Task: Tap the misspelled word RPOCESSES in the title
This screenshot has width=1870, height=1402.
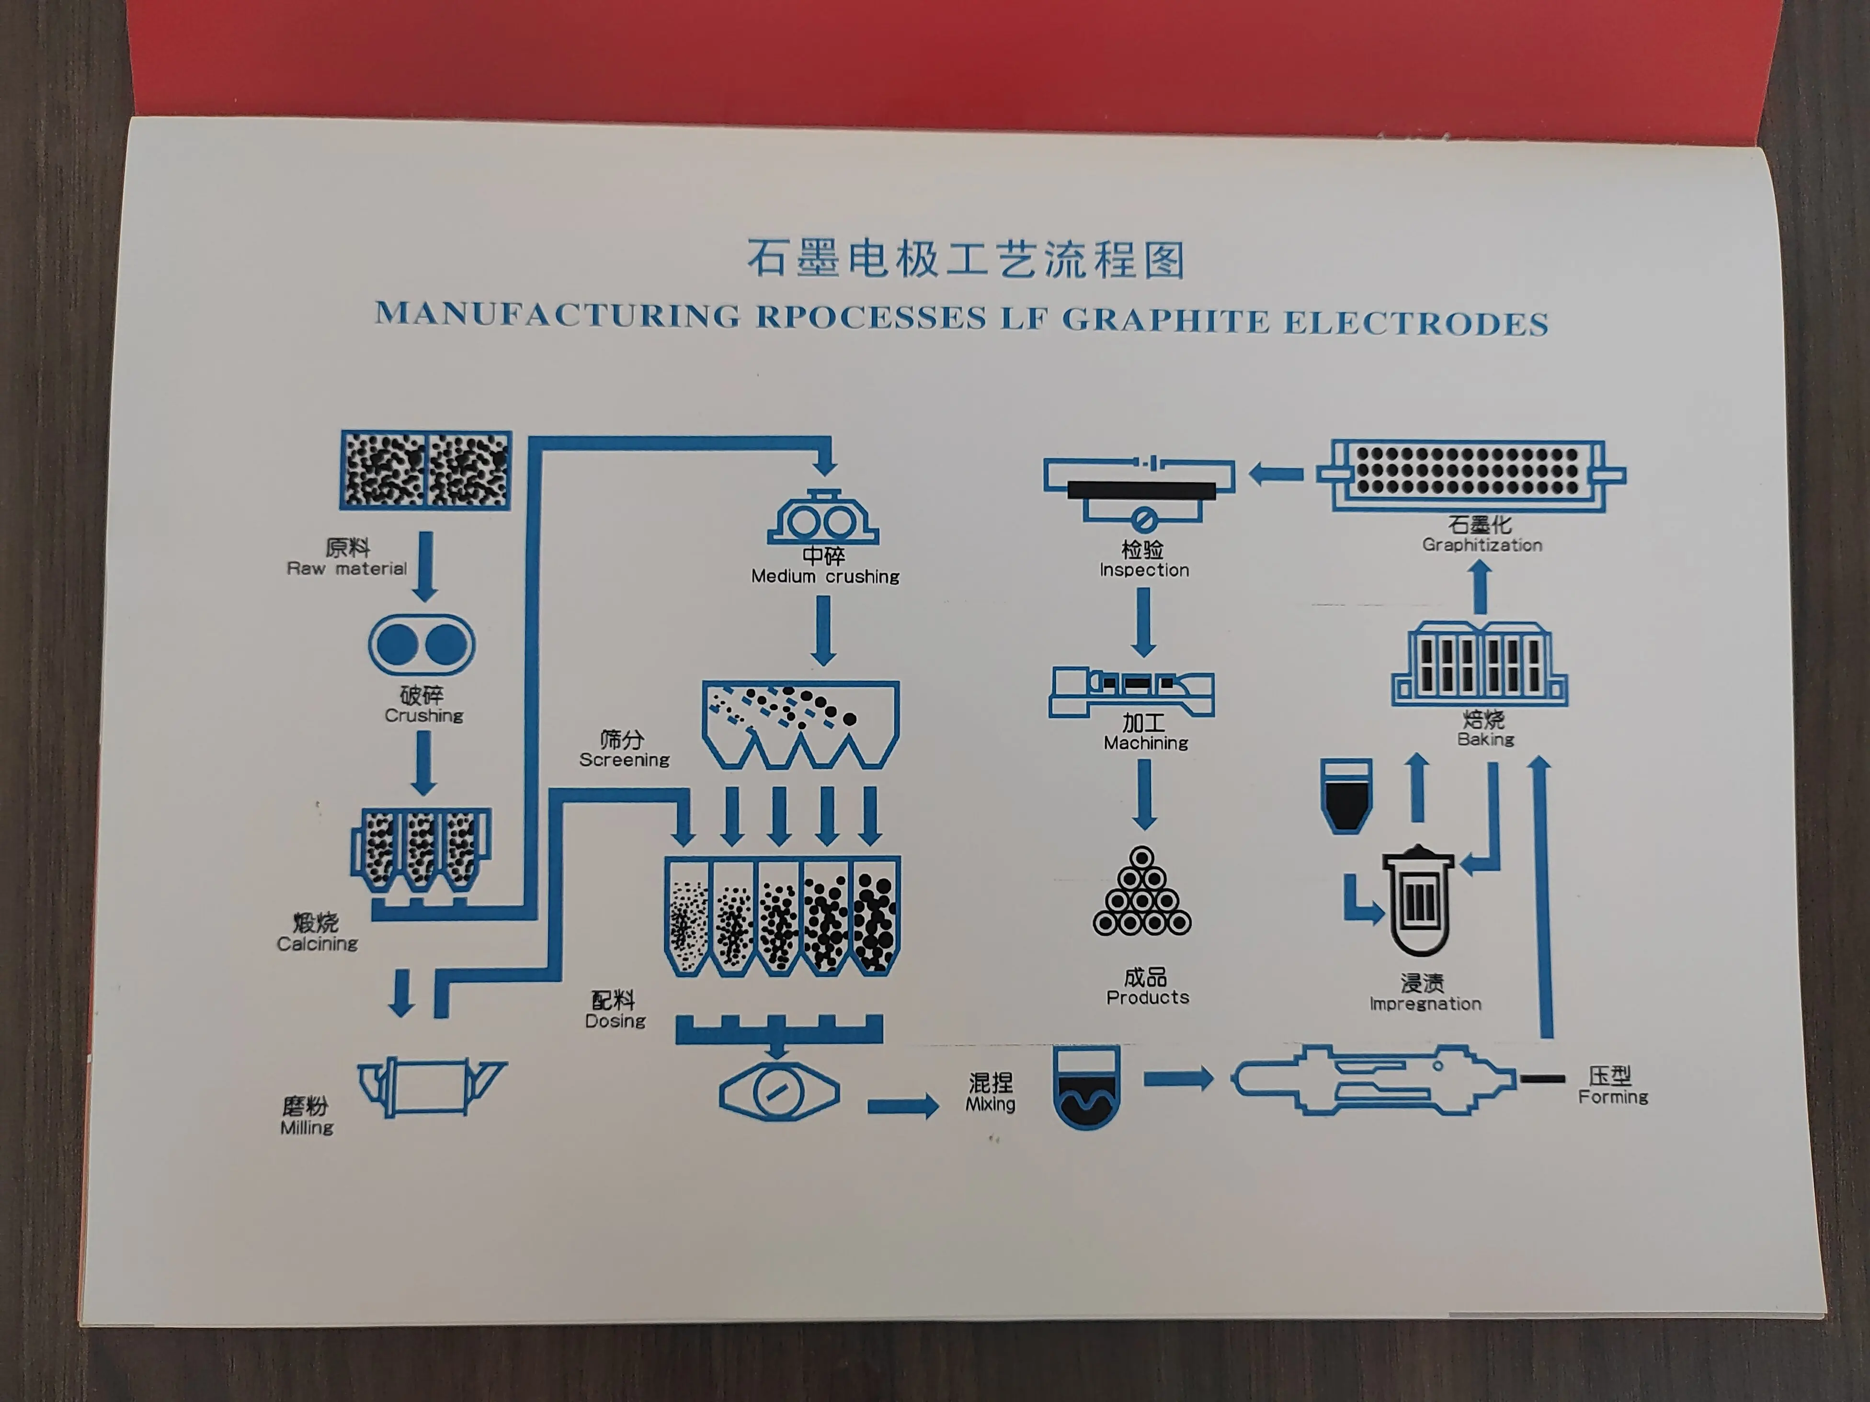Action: point(871,317)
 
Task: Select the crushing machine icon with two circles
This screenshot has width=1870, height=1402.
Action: point(421,645)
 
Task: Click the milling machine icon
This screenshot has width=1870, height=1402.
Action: point(431,1087)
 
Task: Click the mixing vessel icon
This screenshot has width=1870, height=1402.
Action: point(1086,1087)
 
